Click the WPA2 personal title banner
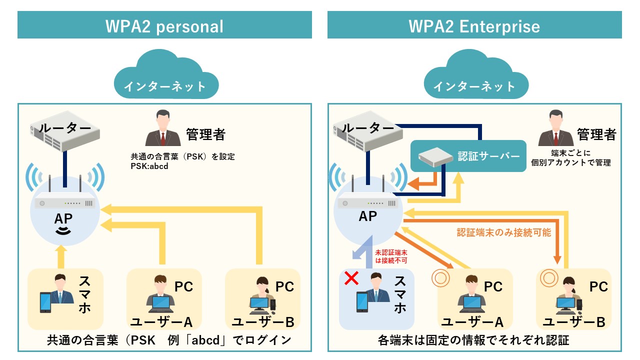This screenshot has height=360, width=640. click(x=164, y=25)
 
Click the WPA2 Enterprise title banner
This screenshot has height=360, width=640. click(x=474, y=25)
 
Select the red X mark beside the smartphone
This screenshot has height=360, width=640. click(x=351, y=279)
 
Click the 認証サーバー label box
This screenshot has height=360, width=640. click(x=468, y=156)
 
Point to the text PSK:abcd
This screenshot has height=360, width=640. click(x=149, y=166)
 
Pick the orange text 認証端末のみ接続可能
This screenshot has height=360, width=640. click(x=503, y=232)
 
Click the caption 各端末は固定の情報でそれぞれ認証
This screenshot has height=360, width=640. click(x=474, y=341)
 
